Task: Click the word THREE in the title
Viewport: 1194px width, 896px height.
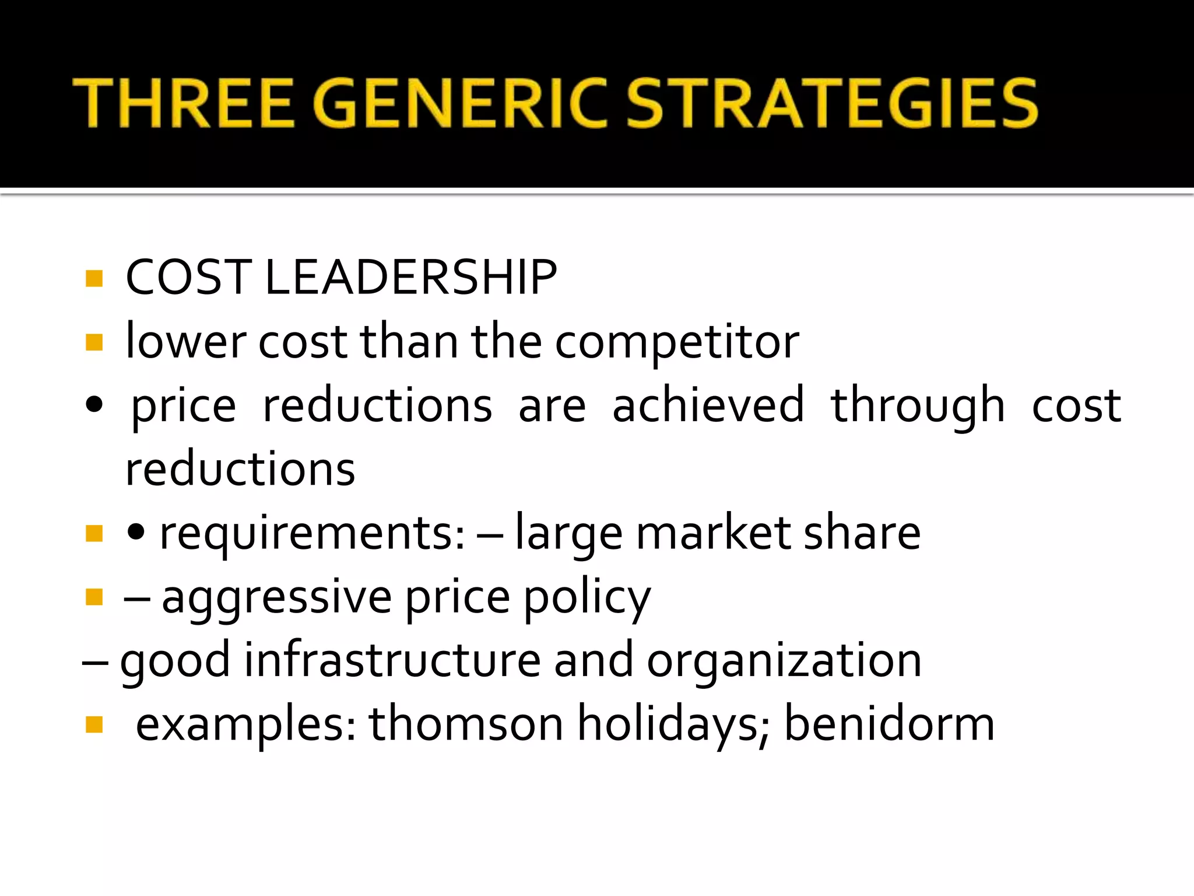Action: pos(182,103)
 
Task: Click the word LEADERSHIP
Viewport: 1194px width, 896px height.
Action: pos(411,278)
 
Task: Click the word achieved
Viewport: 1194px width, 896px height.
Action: pos(708,405)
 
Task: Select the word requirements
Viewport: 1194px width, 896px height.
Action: pos(312,533)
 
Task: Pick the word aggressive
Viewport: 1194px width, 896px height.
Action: pos(276,598)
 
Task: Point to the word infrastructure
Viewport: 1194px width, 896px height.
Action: pos(392,660)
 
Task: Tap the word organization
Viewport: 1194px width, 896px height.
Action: pos(784,661)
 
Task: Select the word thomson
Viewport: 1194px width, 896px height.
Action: pos(466,724)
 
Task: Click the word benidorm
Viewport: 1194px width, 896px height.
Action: pos(889,724)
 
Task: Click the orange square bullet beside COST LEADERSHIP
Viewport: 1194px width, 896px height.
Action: pos(94,278)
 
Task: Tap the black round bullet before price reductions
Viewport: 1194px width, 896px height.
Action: pos(94,404)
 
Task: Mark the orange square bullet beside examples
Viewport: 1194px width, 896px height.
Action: pos(94,724)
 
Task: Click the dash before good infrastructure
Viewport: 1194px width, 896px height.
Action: pos(95,663)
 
